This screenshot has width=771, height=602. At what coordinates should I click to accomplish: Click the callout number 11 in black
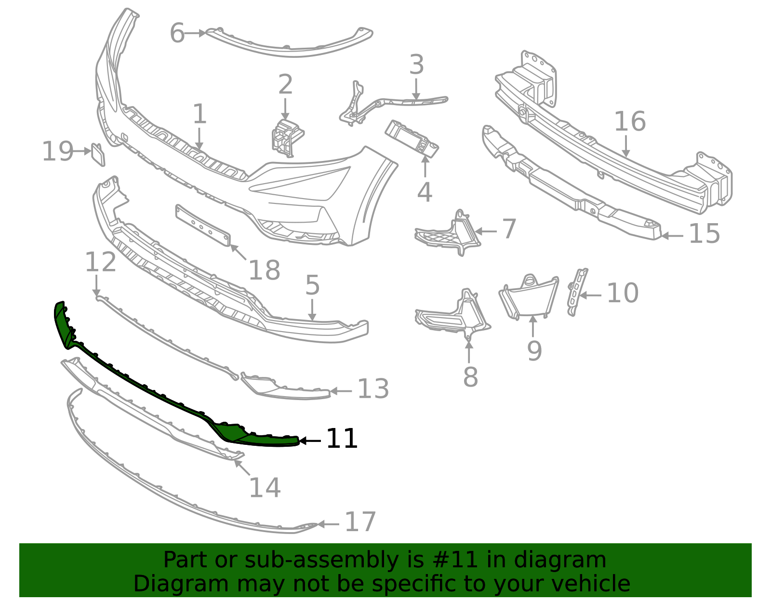pos(342,439)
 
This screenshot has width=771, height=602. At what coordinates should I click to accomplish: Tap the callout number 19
pos(57,151)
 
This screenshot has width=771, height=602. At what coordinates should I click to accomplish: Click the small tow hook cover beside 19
pos(98,154)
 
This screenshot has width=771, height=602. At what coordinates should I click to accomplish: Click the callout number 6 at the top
pos(177,34)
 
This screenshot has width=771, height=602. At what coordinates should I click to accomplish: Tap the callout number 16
pos(629,121)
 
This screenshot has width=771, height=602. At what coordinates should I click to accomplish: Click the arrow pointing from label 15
pos(672,236)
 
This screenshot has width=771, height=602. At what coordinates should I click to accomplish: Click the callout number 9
pos(534,350)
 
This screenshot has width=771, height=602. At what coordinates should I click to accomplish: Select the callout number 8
pos(470,377)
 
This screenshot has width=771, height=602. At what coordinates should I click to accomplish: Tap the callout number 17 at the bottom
pos(360,522)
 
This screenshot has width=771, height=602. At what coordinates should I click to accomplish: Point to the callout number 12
pos(100,262)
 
